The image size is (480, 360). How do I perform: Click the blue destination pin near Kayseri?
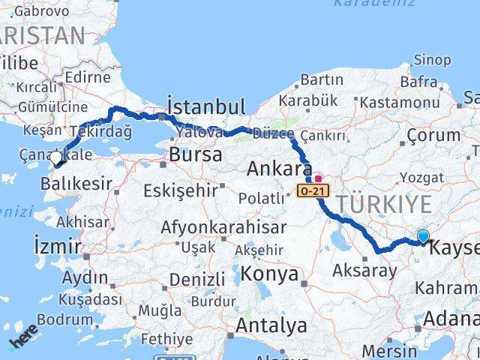(424, 236)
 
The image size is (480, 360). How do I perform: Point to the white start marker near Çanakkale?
(57, 158)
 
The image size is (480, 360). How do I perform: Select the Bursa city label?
(196, 155)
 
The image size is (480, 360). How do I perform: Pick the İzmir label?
(58, 245)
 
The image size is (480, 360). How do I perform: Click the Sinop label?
(433, 60)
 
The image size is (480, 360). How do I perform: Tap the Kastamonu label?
(400, 102)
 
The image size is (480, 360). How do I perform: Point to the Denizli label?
(197, 280)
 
